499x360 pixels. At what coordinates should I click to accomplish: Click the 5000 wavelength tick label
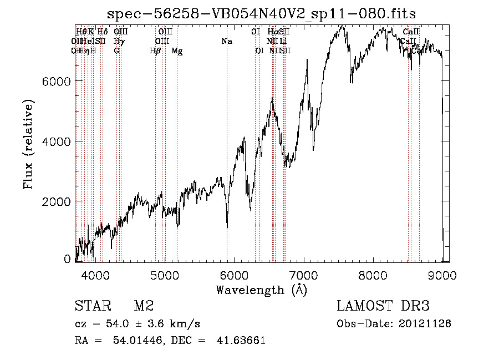tap(164, 275)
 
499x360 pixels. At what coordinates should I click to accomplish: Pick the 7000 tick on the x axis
tap(303, 275)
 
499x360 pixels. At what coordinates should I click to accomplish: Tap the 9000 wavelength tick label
tap(442, 275)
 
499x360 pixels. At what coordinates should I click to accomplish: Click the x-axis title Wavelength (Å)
tap(261, 290)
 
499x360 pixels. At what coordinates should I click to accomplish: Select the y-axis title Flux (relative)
tap(28, 144)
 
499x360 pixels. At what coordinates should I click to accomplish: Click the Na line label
tap(226, 42)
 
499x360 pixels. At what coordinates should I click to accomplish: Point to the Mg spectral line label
tap(177, 51)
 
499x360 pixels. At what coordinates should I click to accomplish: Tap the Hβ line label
tap(155, 51)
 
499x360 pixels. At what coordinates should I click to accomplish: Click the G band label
tap(116, 51)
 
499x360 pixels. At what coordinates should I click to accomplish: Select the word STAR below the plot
tap(92, 306)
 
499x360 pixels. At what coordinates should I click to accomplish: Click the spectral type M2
tap(144, 306)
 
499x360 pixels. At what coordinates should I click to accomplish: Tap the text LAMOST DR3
tap(383, 306)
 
